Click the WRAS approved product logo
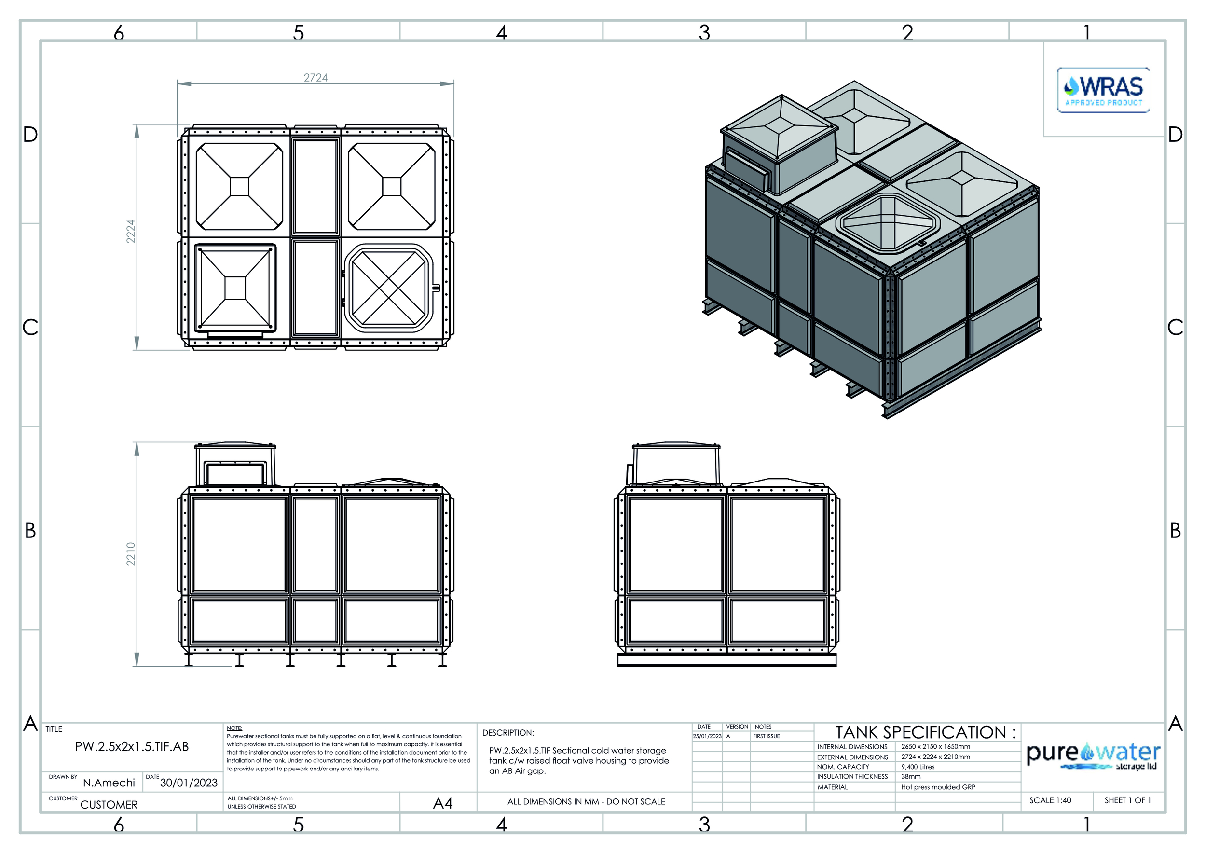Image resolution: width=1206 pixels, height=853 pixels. [1103, 90]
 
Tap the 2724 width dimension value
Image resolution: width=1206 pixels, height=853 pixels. [315, 78]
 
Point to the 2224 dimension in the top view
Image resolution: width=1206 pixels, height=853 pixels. [131, 231]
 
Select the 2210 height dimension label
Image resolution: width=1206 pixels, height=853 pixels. [131, 554]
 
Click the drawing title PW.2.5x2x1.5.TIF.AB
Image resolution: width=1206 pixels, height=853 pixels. [131, 746]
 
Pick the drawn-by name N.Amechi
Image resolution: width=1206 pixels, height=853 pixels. [109, 783]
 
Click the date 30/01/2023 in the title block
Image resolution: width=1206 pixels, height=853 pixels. [189, 783]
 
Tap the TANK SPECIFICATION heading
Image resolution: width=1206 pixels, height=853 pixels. [926, 732]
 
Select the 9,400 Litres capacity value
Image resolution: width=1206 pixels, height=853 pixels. [918, 767]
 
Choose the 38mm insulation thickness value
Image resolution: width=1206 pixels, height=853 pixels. [911, 776]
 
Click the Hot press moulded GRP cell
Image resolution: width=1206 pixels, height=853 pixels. [938, 787]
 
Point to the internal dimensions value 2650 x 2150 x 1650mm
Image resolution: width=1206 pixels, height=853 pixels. [935, 746]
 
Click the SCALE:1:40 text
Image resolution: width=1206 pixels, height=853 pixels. [1050, 800]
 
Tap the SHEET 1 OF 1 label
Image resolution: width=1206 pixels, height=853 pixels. [1128, 800]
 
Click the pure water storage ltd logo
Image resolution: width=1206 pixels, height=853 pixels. [1094, 757]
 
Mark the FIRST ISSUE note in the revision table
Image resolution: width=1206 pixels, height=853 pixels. [767, 736]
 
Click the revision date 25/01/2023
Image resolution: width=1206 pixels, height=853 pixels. [707, 736]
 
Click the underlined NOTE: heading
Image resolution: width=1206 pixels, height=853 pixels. [234, 728]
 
